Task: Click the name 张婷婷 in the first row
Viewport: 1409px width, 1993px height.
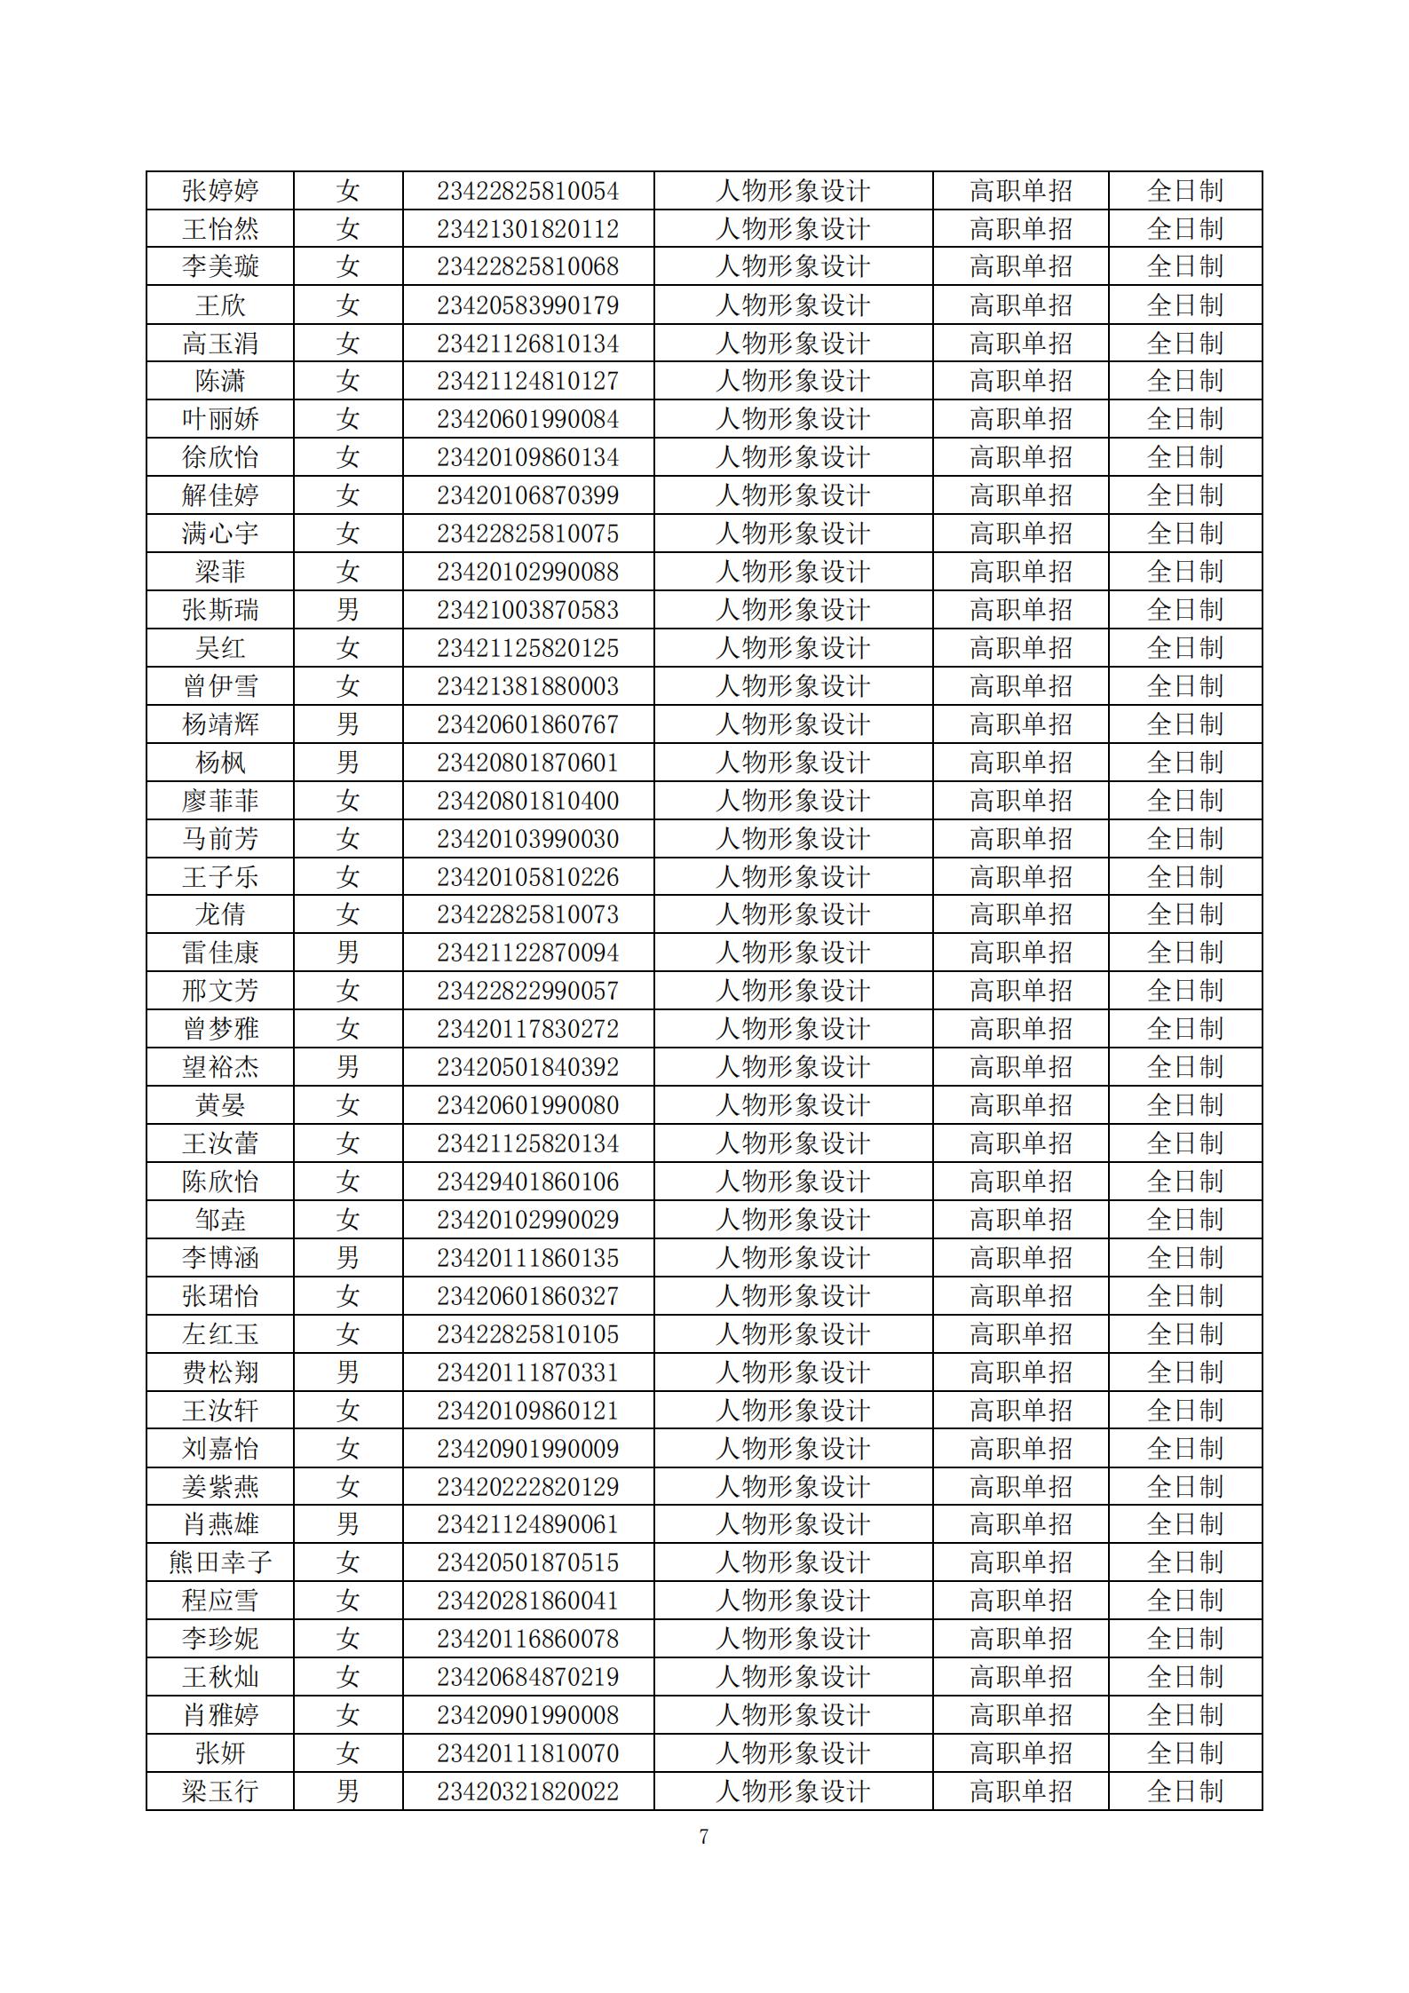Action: (220, 191)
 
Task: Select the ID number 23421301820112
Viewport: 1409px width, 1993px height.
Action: (527, 229)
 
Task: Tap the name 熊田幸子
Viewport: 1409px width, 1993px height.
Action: (220, 1562)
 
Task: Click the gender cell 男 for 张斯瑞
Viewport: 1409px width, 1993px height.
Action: (348, 610)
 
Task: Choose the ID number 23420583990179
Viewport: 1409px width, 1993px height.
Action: (527, 305)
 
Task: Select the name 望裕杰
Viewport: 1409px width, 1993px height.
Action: (220, 1066)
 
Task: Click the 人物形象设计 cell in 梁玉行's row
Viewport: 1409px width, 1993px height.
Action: (793, 1791)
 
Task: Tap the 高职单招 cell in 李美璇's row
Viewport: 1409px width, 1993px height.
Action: (1020, 266)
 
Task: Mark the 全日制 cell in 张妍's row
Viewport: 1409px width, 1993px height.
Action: (1184, 1752)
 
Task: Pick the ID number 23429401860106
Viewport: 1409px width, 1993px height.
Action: (527, 1181)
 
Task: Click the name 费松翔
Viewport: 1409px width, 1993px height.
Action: (220, 1372)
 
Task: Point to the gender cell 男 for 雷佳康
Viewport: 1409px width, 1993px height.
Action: (348, 953)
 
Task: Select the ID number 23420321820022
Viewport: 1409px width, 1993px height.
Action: (527, 1791)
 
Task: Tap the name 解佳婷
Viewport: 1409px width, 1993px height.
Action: (220, 495)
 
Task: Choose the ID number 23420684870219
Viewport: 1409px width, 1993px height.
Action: (527, 1676)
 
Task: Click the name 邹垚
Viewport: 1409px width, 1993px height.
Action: (220, 1219)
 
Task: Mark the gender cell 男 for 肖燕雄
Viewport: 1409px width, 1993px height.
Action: (348, 1523)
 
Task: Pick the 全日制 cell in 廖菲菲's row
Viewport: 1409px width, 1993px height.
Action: (1184, 801)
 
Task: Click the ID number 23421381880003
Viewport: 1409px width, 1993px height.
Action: (527, 686)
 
